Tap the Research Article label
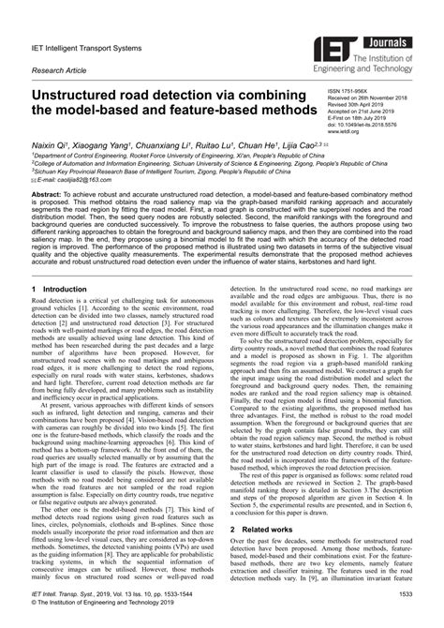pyautogui.click(x=58, y=69)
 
